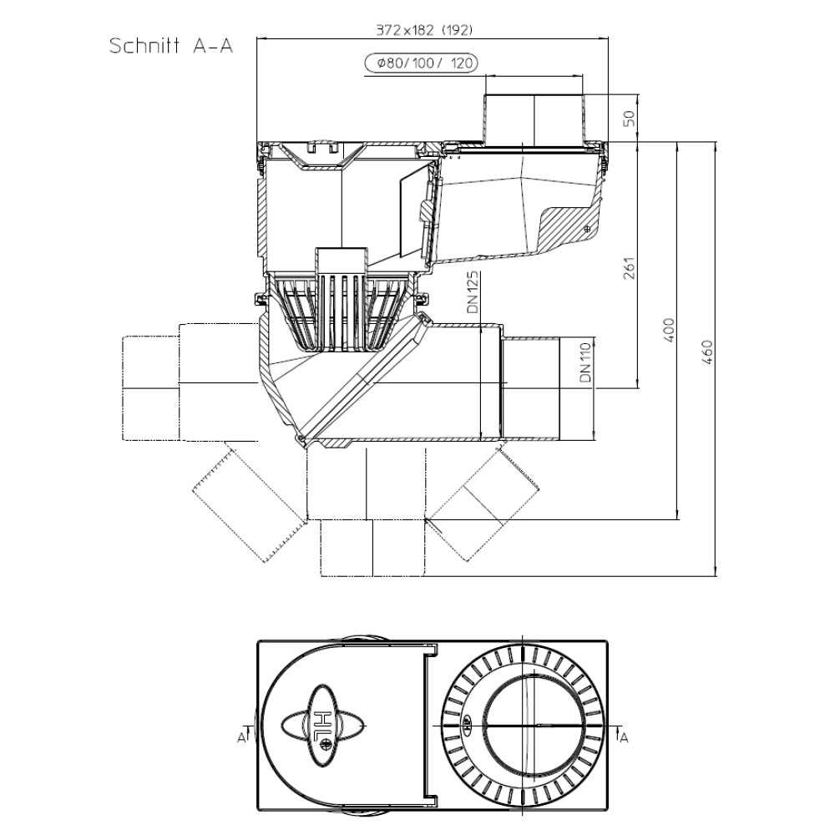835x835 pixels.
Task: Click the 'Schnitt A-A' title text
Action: (x=171, y=46)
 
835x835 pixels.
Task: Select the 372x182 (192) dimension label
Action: (x=424, y=30)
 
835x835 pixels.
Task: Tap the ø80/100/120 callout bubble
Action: (x=421, y=63)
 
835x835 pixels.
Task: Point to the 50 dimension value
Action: (x=630, y=118)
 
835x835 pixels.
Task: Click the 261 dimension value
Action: (x=630, y=268)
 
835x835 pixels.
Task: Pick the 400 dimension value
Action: (x=669, y=330)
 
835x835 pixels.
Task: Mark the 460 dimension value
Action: (x=707, y=352)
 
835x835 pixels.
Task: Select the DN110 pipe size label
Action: (x=585, y=362)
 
